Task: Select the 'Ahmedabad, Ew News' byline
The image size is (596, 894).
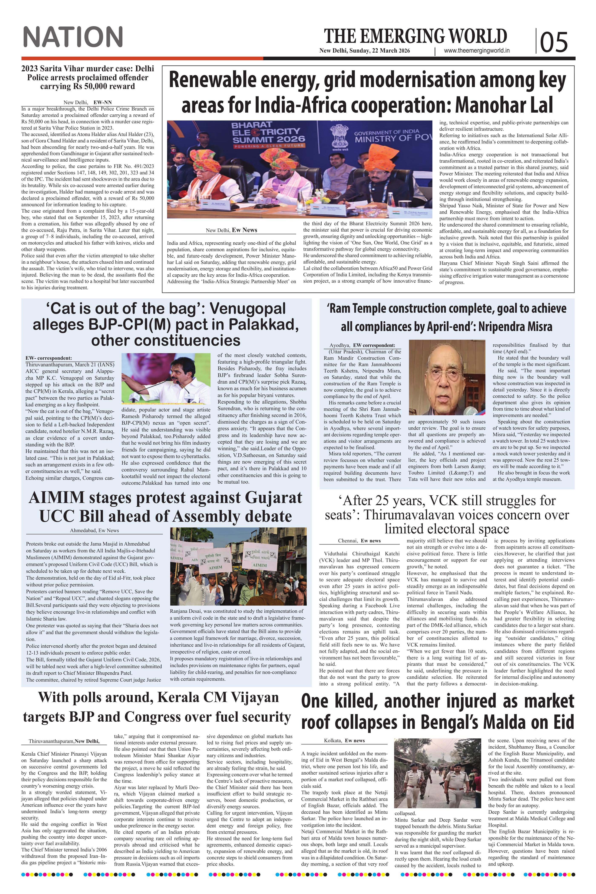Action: pyautogui.click(x=94, y=530)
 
